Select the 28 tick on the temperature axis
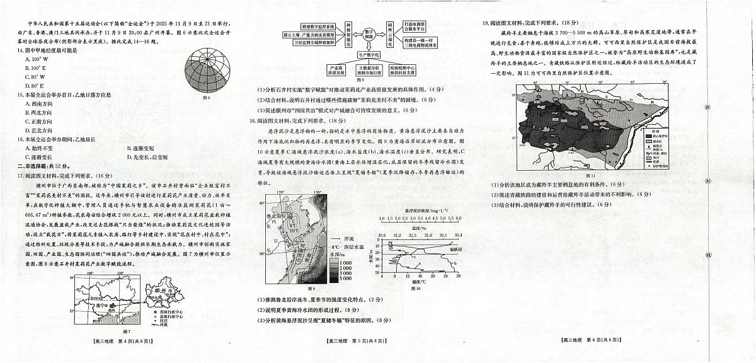click(458, 276)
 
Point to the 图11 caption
click(591, 175)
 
